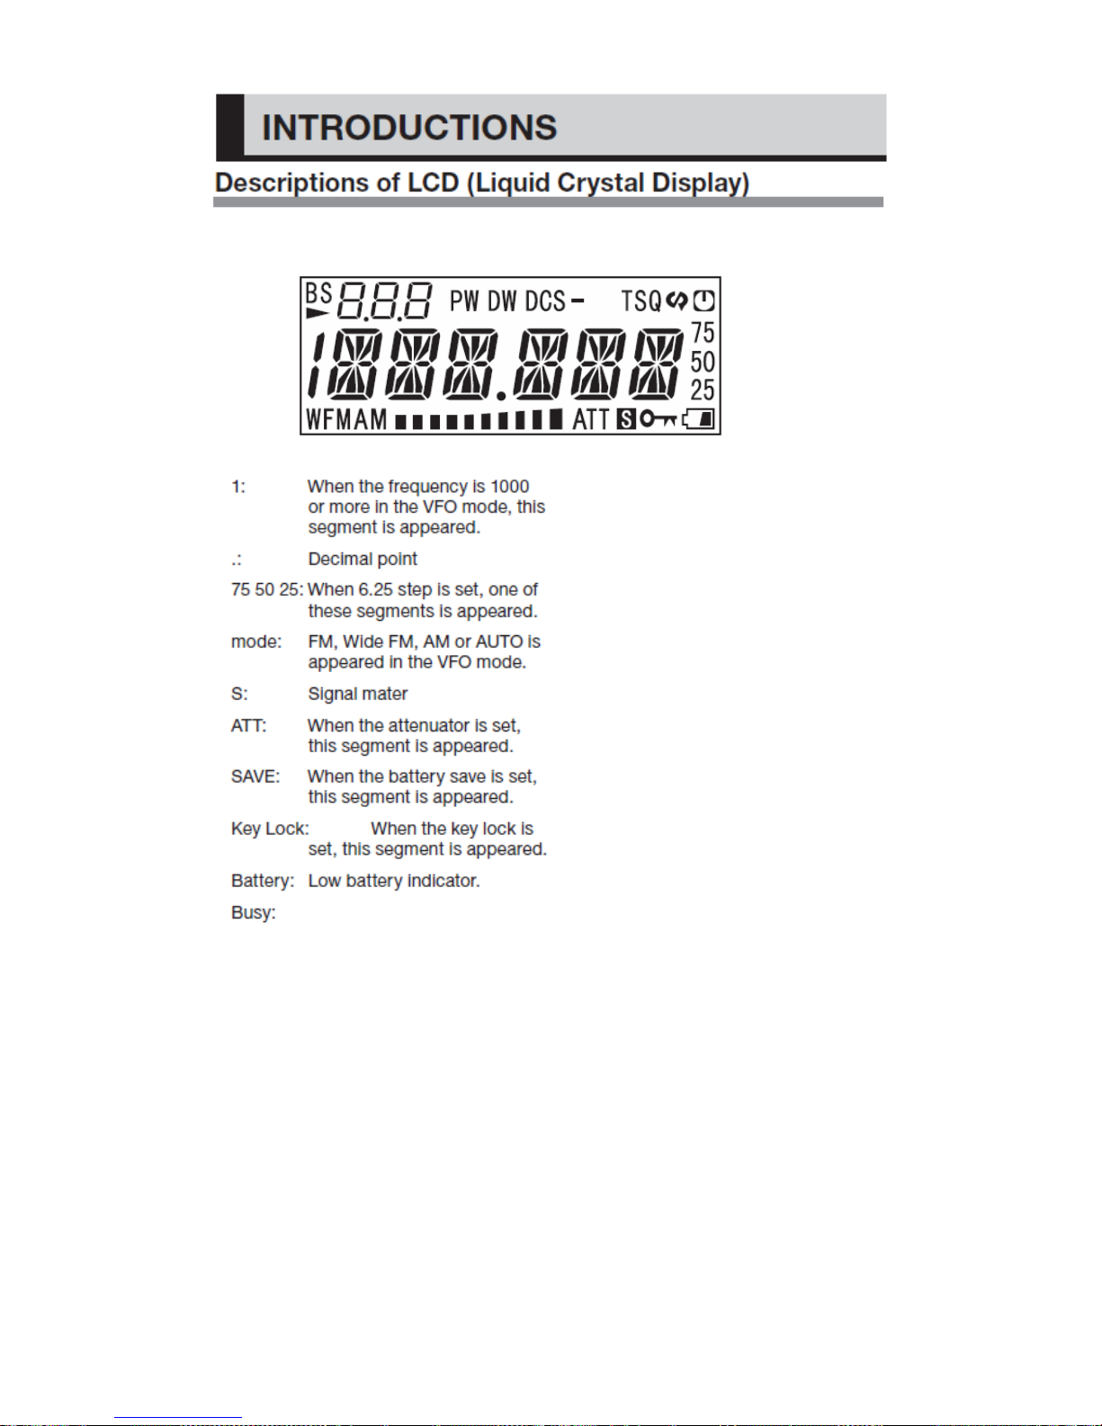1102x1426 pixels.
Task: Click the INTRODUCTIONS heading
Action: point(409,128)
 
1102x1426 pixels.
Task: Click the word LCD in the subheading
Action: point(433,183)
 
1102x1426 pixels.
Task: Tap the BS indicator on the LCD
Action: point(319,292)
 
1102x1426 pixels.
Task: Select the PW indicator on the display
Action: point(464,301)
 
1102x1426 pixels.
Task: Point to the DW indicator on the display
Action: point(502,301)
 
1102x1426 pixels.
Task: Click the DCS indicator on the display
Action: point(545,301)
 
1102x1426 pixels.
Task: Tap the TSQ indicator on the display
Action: point(641,301)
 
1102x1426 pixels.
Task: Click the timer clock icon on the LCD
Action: point(703,300)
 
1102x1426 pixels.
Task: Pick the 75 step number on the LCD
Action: point(703,332)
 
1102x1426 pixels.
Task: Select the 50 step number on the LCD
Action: point(703,362)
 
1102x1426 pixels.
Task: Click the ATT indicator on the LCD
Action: point(591,419)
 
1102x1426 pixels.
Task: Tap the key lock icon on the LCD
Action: point(658,418)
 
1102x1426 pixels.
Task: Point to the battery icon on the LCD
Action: point(699,418)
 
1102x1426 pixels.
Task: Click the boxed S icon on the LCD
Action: point(626,419)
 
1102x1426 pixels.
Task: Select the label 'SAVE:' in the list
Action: point(255,776)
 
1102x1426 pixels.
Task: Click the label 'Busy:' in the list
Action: point(253,913)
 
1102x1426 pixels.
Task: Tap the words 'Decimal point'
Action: point(362,559)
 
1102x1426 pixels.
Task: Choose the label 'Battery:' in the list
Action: point(263,882)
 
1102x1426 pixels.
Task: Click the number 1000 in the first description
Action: point(510,486)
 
